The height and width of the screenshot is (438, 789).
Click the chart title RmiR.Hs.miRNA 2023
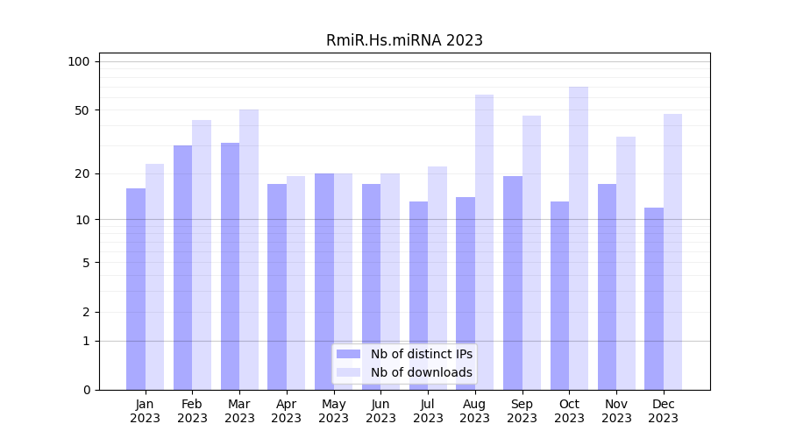[x=404, y=40]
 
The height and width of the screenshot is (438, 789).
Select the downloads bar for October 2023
[x=579, y=238]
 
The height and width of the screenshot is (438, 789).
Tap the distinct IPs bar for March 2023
[x=230, y=266]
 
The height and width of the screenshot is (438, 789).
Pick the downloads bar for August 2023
[x=484, y=242]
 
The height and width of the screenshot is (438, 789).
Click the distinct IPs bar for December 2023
[x=654, y=299]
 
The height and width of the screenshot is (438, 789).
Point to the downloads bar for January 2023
[x=154, y=277]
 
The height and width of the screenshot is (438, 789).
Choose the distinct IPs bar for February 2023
[x=182, y=267]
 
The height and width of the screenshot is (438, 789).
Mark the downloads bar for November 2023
[x=626, y=263]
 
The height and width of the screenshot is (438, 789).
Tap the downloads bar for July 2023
[x=437, y=278]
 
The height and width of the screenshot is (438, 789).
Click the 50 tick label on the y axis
[x=82, y=110]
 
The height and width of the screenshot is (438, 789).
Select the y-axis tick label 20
[x=82, y=173]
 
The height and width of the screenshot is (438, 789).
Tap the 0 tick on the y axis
[x=86, y=390]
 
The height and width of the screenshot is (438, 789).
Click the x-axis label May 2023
[x=333, y=411]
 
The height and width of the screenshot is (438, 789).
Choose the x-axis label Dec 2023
[x=664, y=411]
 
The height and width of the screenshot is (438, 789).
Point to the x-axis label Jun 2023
[x=380, y=411]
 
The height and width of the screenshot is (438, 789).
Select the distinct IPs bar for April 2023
[x=277, y=286]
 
